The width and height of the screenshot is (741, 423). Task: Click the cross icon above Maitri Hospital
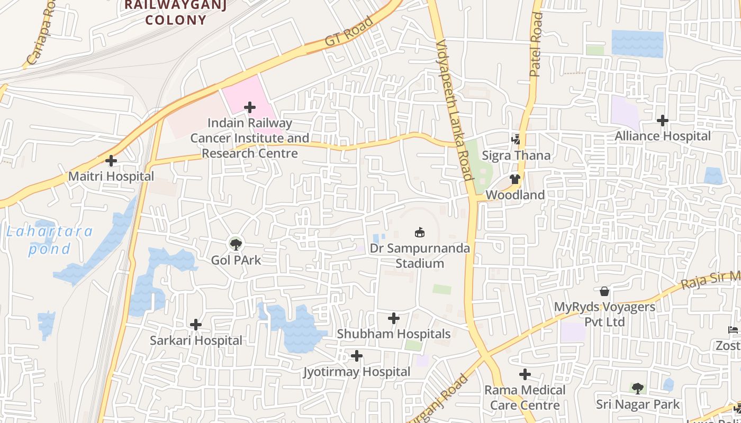click(111, 160)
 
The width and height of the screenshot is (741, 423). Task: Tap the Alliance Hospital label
click(662, 136)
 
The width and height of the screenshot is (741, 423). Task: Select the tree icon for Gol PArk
click(236, 244)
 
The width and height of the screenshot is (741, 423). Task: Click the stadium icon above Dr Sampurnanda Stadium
click(420, 232)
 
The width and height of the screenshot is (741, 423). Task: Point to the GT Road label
click(349, 32)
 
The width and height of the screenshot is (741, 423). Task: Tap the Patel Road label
click(536, 44)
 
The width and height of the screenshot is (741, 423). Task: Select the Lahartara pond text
click(49, 240)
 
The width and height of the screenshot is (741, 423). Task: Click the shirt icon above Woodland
click(514, 179)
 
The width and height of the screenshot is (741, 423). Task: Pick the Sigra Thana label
click(516, 155)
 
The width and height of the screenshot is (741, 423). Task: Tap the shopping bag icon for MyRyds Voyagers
click(604, 291)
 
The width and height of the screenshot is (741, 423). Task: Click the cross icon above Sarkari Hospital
click(196, 324)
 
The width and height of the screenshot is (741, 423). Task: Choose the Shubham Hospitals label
click(393, 334)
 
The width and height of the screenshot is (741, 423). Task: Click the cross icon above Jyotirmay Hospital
click(357, 356)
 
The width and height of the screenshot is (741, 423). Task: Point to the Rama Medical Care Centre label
click(525, 398)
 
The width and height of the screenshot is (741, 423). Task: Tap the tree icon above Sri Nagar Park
click(638, 389)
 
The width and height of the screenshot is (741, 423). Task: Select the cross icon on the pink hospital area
click(250, 107)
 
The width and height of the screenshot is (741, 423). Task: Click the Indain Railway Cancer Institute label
click(249, 138)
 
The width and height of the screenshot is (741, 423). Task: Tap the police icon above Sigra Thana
click(516, 140)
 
